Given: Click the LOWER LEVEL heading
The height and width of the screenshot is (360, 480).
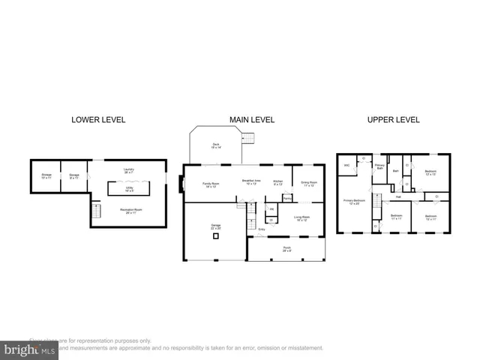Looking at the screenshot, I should click(98, 119).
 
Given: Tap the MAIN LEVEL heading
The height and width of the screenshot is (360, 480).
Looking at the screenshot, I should click(252, 119).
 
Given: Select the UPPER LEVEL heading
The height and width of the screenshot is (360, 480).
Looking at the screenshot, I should click(392, 119).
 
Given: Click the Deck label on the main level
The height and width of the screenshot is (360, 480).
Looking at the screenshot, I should click(215, 145).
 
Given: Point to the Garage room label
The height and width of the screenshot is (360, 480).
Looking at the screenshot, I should click(215, 226).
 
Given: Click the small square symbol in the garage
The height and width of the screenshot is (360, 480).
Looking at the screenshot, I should click(216, 236).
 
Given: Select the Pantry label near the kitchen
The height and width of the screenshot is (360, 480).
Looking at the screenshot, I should click(286, 198).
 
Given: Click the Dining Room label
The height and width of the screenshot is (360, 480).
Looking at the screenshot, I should click(309, 183).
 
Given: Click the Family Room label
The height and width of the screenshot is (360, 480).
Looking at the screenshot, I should click(210, 184).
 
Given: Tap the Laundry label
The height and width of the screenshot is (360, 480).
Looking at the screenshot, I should click(128, 171).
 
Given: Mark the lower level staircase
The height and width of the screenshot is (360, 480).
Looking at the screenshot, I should click(95, 214).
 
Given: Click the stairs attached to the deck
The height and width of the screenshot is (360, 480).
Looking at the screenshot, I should click(247, 137).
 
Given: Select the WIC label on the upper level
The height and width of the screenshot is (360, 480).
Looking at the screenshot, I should click(346, 165).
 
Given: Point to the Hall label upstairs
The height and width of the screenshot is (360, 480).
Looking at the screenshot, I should click(399, 197).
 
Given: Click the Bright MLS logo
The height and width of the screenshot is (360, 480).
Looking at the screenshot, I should click(29, 349).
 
